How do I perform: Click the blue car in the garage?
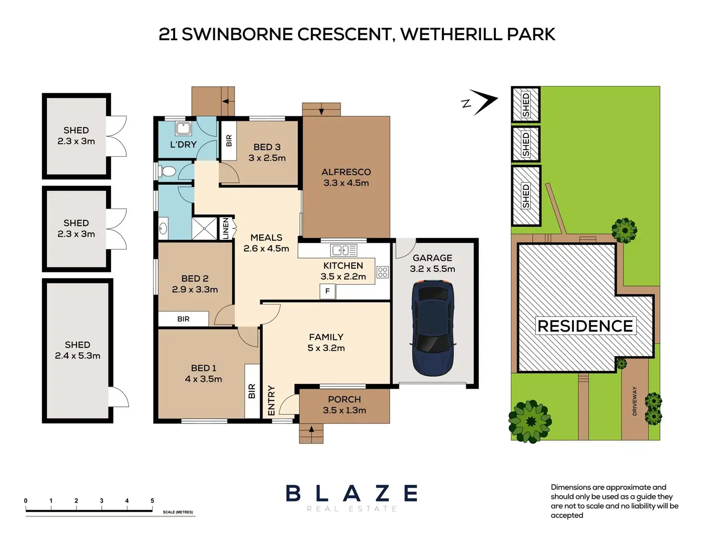pyautogui.click(x=433, y=328)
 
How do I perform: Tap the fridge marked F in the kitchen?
pyautogui.click(x=328, y=291)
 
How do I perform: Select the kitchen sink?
pyautogui.click(x=343, y=250)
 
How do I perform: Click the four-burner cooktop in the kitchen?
pyautogui.click(x=383, y=272)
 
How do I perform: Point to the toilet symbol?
pyautogui.click(x=166, y=171)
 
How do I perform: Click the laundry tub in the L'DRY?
pyautogui.click(x=183, y=129)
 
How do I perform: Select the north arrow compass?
pyautogui.click(x=480, y=102)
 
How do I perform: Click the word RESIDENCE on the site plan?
pyautogui.click(x=585, y=326)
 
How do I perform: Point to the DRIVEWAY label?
pyautogui.click(x=634, y=401)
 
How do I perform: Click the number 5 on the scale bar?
pyautogui.click(x=152, y=501)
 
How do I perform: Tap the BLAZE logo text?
pyautogui.click(x=352, y=493)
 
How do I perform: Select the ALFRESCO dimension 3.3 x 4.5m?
pyautogui.click(x=346, y=183)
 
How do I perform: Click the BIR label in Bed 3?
pyautogui.click(x=229, y=141)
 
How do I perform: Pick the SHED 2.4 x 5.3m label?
pyautogui.click(x=77, y=350)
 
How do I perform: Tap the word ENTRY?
pyautogui.click(x=272, y=400)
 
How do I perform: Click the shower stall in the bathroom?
pyautogui.click(x=204, y=228)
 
